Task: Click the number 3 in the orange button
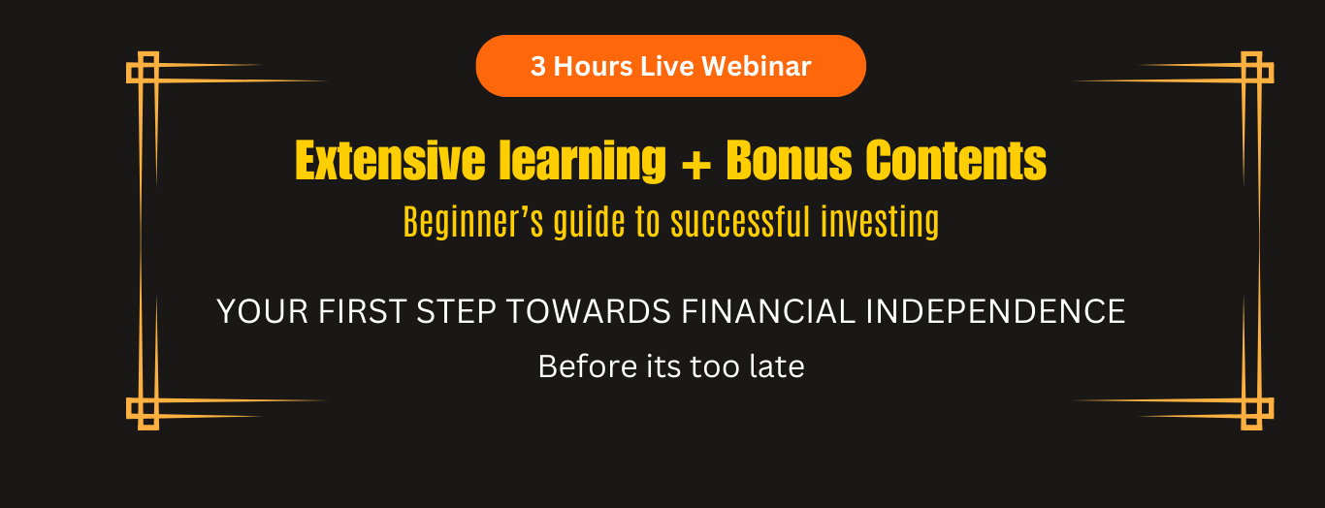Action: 537,66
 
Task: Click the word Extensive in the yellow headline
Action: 390,160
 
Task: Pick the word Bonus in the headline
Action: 790,160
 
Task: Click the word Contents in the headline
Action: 955,160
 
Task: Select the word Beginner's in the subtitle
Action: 473,222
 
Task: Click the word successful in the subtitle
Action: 740,222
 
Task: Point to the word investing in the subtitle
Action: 880,223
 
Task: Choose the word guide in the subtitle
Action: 589,223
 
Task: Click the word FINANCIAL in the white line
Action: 768,311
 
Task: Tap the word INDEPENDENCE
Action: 995,311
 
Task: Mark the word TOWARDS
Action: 588,311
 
